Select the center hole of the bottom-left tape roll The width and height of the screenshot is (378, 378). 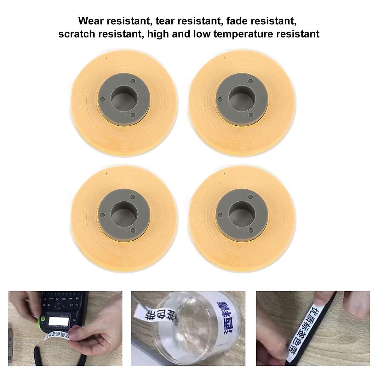coord(124,213)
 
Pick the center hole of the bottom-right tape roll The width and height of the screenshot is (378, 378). coord(242,213)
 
